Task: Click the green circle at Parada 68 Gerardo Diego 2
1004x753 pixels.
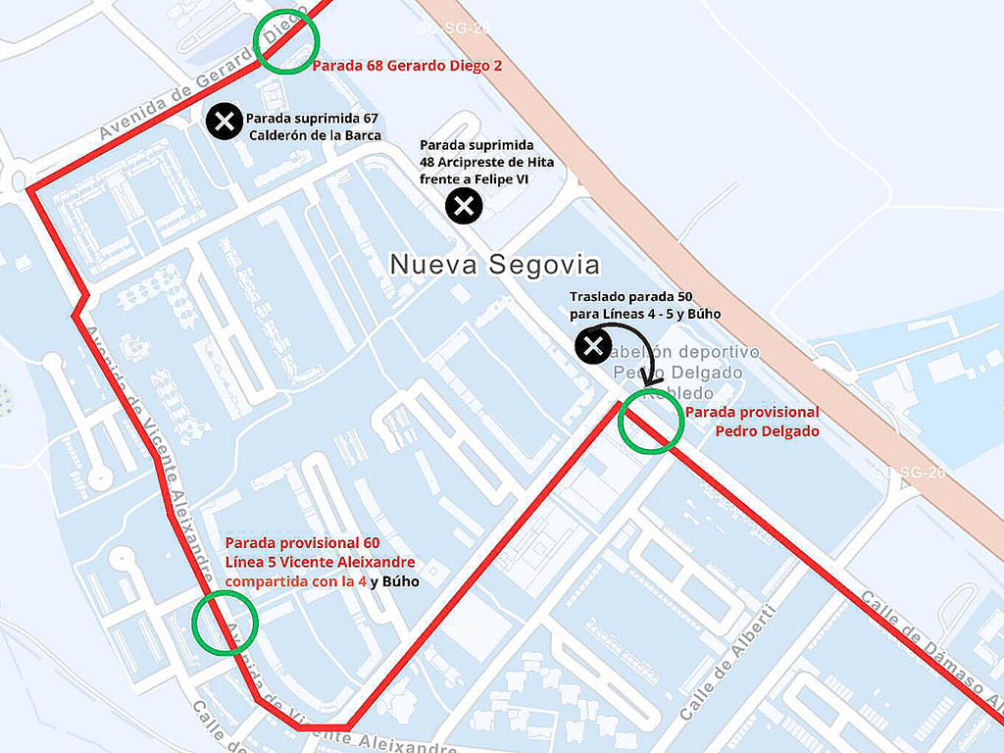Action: point(286,41)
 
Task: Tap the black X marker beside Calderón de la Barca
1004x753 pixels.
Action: point(225,122)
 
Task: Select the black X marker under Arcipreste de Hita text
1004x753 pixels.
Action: point(464,206)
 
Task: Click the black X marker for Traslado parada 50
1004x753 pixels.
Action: point(592,345)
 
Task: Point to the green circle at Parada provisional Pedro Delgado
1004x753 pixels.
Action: point(651,421)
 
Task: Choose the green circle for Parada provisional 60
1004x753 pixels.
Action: point(225,622)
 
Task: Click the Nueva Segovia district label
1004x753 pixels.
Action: point(494,265)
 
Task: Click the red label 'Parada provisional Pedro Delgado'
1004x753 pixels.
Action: point(752,422)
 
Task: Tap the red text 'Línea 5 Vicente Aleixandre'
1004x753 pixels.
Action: point(320,562)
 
